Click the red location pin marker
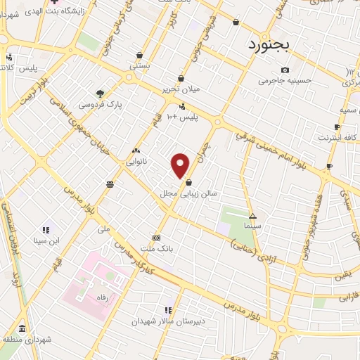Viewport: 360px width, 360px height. click(181, 165)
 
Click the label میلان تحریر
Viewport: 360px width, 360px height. click(181, 89)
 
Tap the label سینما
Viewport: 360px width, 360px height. click(252, 226)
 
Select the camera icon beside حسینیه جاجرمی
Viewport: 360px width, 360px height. click(285, 70)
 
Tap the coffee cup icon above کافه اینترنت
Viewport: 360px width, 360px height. click(337, 127)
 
